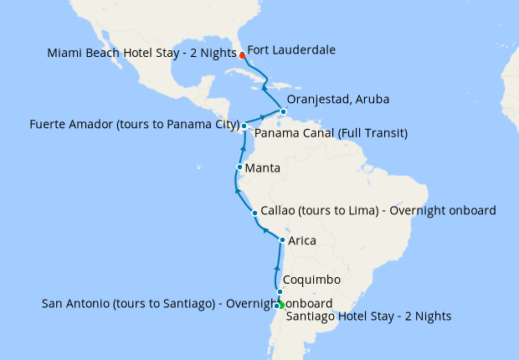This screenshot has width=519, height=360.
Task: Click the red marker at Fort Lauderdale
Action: point(242,55)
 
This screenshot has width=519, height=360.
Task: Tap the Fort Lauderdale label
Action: point(292,50)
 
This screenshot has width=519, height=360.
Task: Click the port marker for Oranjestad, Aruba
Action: point(284,112)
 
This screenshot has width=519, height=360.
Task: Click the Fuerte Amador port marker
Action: point(244,126)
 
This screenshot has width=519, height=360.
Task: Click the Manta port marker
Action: point(239,167)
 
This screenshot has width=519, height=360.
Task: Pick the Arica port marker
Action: point(282,240)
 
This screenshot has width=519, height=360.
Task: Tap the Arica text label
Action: point(302,241)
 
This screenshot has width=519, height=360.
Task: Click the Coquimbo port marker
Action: point(280,292)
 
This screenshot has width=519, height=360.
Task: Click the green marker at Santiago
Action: point(281,304)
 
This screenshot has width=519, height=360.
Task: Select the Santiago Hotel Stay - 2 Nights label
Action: point(368,316)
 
